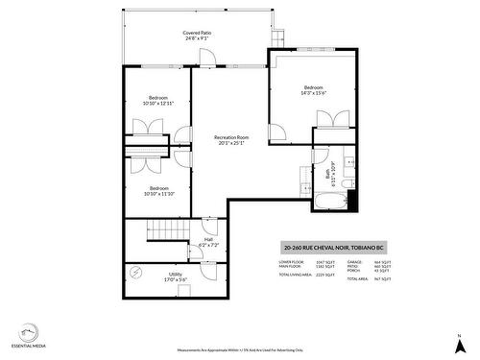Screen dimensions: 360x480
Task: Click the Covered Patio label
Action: (198, 36)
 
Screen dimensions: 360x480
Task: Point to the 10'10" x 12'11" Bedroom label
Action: (158, 100)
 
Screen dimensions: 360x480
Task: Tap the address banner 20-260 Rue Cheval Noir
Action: (331, 245)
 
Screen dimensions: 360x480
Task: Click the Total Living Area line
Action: (306, 275)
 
